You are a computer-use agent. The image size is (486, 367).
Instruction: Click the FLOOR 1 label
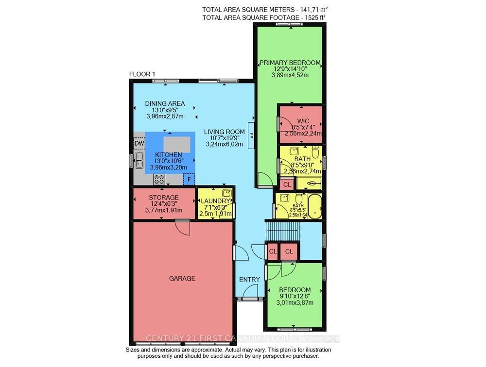point(142,74)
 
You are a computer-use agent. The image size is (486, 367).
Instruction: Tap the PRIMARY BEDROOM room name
point(290,63)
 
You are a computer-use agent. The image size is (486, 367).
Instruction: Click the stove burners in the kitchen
point(159,179)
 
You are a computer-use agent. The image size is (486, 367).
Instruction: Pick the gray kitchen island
point(177,144)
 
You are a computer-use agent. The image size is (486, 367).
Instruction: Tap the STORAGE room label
point(163,198)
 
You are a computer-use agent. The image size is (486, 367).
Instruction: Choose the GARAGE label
point(182,278)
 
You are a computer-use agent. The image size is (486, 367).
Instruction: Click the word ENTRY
point(249,280)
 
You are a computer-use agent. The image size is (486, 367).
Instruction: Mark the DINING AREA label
point(165,103)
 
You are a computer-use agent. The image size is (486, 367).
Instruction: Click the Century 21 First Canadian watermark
point(243,338)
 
